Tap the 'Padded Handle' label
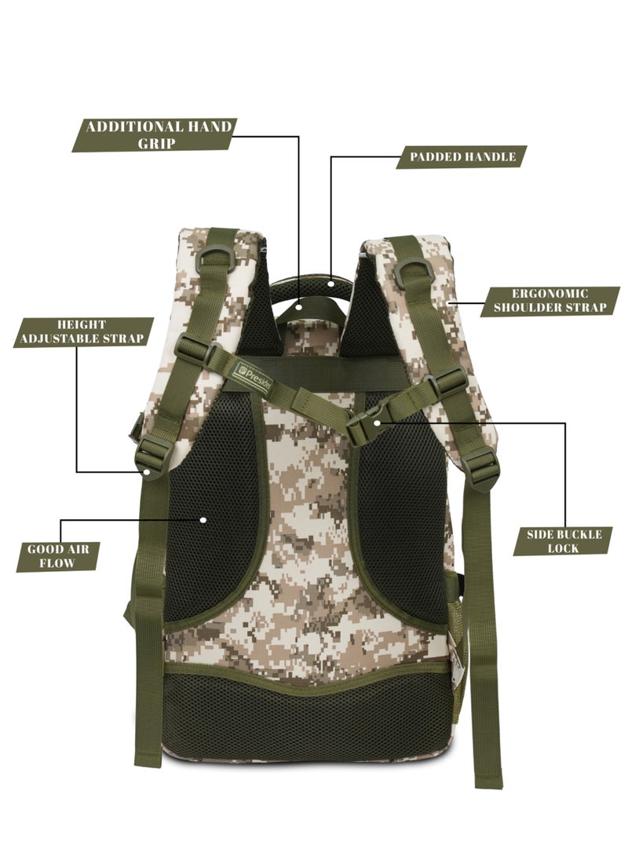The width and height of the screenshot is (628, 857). click(x=462, y=157)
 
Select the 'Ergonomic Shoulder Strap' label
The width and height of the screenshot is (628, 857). click(x=550, y=301)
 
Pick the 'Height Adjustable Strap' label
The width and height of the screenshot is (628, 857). click(x=82, y=331)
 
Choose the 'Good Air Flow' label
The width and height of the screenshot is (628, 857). click(x=57, y=556)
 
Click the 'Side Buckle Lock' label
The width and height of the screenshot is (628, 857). click(x=563, y=541)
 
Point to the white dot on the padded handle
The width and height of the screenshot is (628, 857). click(x=331, y=284)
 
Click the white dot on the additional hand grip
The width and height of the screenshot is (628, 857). click(x=299, y=307)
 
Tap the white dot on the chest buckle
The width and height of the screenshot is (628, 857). click(x=377, y=423)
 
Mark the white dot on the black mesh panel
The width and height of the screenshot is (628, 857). click(x=203, y=520)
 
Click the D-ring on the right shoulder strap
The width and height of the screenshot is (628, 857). click(x=414, y=270)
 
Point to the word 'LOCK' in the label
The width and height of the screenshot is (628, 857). click(x=563, y=548)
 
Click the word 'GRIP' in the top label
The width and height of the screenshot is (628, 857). click(x=156, y=143)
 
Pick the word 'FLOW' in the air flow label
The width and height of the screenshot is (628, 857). click(x=57, y=563)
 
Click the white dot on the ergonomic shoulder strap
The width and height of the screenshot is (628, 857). click(x=448, y=301)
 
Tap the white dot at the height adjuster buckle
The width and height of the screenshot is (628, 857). click(x=147, y=471)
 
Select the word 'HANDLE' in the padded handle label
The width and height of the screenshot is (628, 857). click(x=489, y=157)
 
